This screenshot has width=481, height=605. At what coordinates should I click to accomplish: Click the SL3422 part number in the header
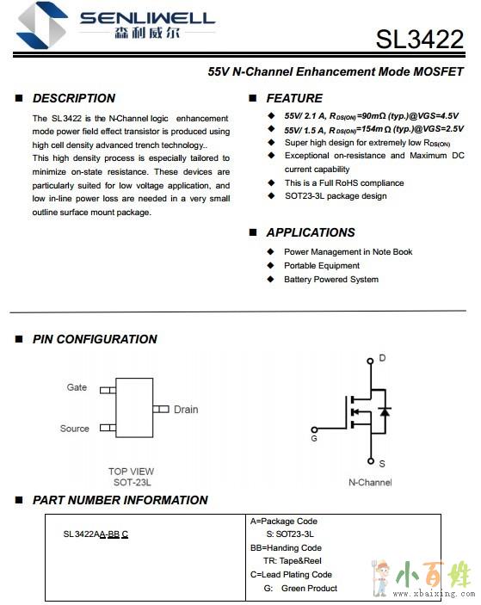[420, 39]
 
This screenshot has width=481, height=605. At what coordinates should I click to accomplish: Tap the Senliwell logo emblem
[43, 26]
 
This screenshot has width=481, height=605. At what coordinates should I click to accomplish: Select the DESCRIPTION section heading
[74, 98]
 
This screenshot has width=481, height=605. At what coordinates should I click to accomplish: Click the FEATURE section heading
[294, 98]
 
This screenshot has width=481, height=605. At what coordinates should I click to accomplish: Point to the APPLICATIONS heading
[311, 232]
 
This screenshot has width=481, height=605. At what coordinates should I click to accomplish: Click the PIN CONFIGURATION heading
[95, 339]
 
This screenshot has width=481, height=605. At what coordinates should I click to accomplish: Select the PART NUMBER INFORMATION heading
[120, 500]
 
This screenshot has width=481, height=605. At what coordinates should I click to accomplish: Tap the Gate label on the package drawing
[77, 387]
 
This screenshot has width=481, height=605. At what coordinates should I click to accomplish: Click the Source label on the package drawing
[75, 429]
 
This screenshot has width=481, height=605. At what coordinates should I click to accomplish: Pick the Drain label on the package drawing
[186, 410]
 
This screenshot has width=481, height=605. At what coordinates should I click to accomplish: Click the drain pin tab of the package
[161, 409]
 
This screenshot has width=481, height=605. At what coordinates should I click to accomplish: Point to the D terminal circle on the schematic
[370, 361]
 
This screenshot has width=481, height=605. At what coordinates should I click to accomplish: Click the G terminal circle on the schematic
[314, 429]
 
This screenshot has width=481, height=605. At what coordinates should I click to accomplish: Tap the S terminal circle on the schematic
[371, 460]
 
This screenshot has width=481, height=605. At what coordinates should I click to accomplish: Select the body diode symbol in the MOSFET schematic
[385, 411]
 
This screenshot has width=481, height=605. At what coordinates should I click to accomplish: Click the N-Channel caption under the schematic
[370, 482]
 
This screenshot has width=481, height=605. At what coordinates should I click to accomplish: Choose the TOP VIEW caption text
[131, 472]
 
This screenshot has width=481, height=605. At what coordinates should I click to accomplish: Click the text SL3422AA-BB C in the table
[96, 534]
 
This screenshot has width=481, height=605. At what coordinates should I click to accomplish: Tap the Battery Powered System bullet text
[331, 280]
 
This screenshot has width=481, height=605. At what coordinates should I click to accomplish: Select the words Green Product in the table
[310, 589]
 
